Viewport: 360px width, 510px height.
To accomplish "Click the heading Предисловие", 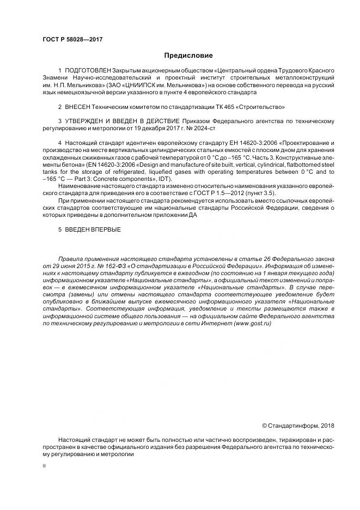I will click(x=188, y=56).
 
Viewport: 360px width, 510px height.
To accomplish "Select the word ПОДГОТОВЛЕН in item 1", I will click(x=88, y=71).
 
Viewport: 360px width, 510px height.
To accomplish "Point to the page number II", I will click(x=44, y=466).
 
